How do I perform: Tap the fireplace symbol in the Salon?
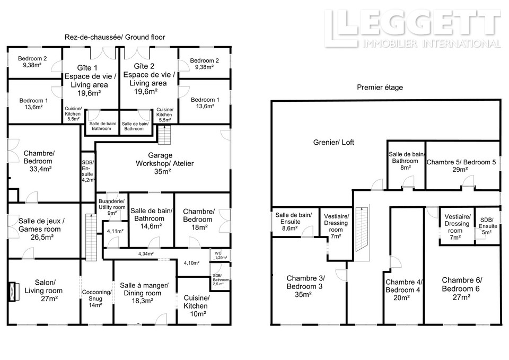click(x=12, y=292)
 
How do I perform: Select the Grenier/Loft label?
click(x=334, y=142)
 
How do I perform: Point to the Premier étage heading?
click(x=380, y=87)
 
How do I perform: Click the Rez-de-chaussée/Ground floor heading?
click(x=115, y=37)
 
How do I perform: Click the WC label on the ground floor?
click(x=218, y=253)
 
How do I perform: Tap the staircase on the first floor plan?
click(x=362, y=230)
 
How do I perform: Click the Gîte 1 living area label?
click(x=90, y=81)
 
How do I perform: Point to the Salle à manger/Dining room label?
click(x=144, y=289)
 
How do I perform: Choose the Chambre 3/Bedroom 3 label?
click(x=305, y=283)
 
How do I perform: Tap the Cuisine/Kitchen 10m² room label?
click(x=197, y=306)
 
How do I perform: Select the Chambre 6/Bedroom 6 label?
click(x=462, y=284)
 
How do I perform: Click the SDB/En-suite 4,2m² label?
click(x=87, y=171)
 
